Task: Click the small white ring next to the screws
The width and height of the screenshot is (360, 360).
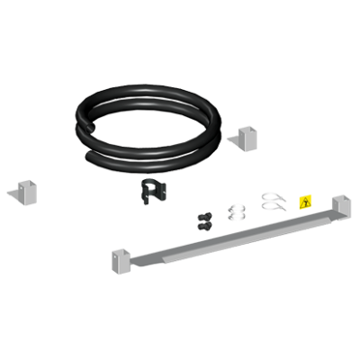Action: pyautogui.click(x=237, y=211)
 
